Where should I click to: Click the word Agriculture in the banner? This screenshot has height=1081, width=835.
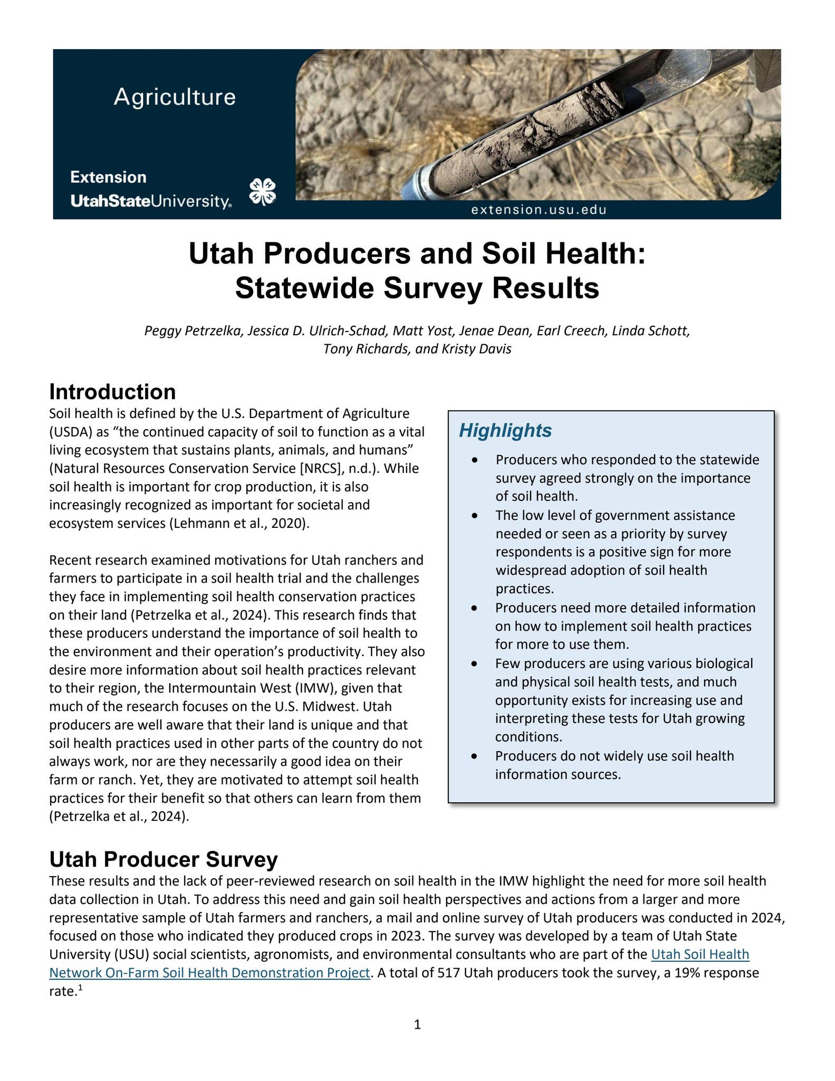pos(175,97)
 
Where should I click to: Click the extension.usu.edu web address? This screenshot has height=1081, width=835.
pos(539,210)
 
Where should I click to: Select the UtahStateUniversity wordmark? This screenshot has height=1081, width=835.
pos(151,201)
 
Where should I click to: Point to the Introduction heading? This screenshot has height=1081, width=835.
pos(112,392)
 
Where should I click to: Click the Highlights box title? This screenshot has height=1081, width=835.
pos(505,431)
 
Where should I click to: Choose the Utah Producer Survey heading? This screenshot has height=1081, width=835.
pos(164,859)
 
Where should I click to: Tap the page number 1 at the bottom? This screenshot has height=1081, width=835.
pos(417,1025)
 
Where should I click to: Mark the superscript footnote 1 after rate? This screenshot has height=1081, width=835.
pos(80,988)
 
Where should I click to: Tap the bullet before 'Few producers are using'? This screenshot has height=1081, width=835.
pos(475,663)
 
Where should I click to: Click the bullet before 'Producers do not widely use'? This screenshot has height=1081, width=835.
pos(475,756)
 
